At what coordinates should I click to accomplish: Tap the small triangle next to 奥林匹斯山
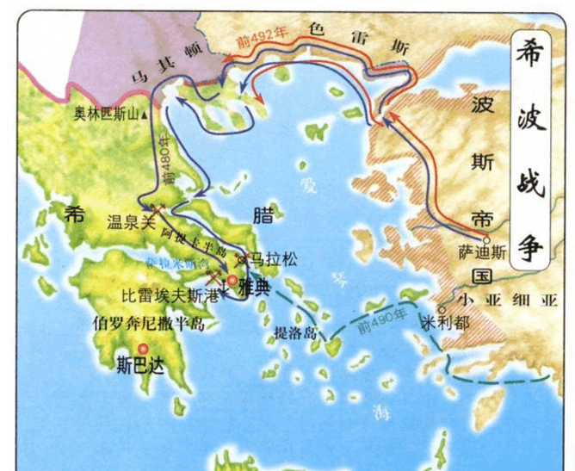[x=145, y=114]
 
